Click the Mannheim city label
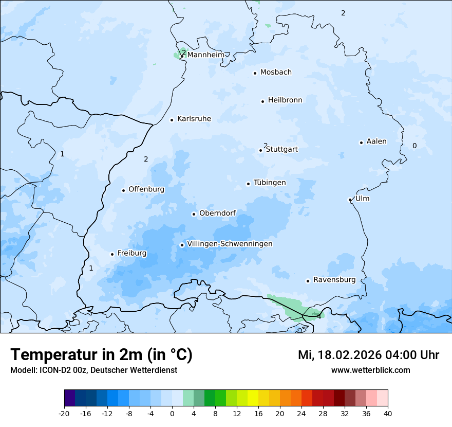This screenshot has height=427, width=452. [x=205, y=55]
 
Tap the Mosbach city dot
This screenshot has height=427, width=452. [x=255, y=73]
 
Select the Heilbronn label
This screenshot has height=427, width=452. [x=285, y=100]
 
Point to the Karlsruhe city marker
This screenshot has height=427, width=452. [x=172, y=120]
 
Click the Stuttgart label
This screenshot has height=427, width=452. [x=282, y=149]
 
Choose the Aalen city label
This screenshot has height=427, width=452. [x=376, y=141]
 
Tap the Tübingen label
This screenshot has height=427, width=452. [x=270, y=183]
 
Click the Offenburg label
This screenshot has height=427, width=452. [x=146, y=189]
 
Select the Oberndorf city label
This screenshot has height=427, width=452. [x=217, y=213]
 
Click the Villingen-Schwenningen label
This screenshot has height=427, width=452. [x=230, y=244]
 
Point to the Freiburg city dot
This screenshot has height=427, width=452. [x=112, y=254]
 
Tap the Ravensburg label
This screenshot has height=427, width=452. [x=334, y=280]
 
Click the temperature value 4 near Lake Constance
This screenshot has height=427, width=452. [x=319, y=316]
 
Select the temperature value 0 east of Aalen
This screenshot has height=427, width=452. [x=415, y=146]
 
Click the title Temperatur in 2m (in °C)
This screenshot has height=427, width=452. [x=102, y=354]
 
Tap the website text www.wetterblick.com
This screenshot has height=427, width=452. [x=370, y=370]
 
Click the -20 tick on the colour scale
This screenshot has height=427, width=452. [x=64, y=413]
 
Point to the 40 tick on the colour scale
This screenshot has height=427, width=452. [x=388, y=413]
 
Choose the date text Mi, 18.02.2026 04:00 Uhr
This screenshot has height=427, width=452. [x=368, y=355]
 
